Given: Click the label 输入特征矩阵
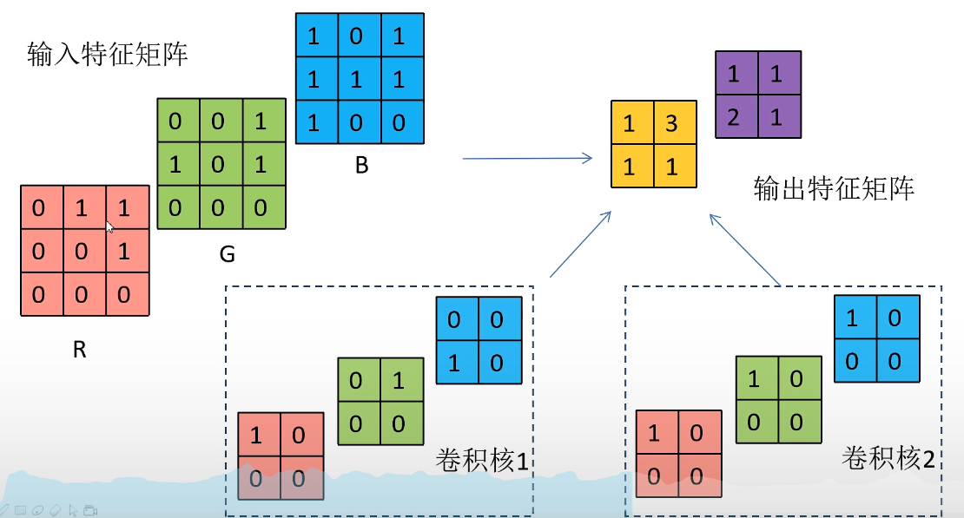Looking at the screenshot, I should click(x=108, y=56).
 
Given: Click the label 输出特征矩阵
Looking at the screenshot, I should click(x=834, y=188).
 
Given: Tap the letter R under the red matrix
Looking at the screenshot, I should click(x=80, y=351).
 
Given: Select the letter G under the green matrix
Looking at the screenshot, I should click(x=228, y=255).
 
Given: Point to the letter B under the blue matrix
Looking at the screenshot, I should click(x=362, y=166).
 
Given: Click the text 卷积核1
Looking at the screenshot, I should click(x=482, y=459).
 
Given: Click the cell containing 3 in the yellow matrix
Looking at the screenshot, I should click(x=671, y=124).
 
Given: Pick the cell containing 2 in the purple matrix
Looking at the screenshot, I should click(x=735, y=117).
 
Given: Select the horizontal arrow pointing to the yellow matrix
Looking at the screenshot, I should click(x=526, y=158).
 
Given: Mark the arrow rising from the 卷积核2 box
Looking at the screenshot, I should click(x=745, y=249).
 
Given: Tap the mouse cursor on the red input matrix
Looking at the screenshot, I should click(x=109, y=227).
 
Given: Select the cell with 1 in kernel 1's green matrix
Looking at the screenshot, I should click(x=399, y=381).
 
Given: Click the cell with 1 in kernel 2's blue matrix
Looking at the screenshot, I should click(x=853, y=318).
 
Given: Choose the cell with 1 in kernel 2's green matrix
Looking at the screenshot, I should click(x=755, y=379).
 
